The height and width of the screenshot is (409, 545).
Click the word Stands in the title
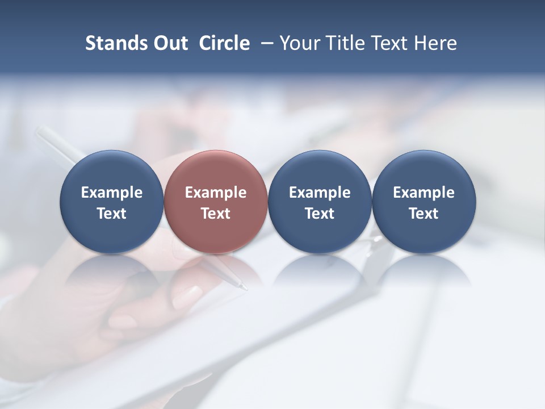[x=113, y=43]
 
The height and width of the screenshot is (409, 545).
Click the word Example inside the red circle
[x=216, y=193]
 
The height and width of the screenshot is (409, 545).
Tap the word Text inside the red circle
[x=216, y=214]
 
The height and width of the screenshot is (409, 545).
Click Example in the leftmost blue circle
[x=111, y=193]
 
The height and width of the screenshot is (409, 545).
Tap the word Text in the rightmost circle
[x=424, y=214]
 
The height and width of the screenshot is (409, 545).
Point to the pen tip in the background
[x=245, y=287]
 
